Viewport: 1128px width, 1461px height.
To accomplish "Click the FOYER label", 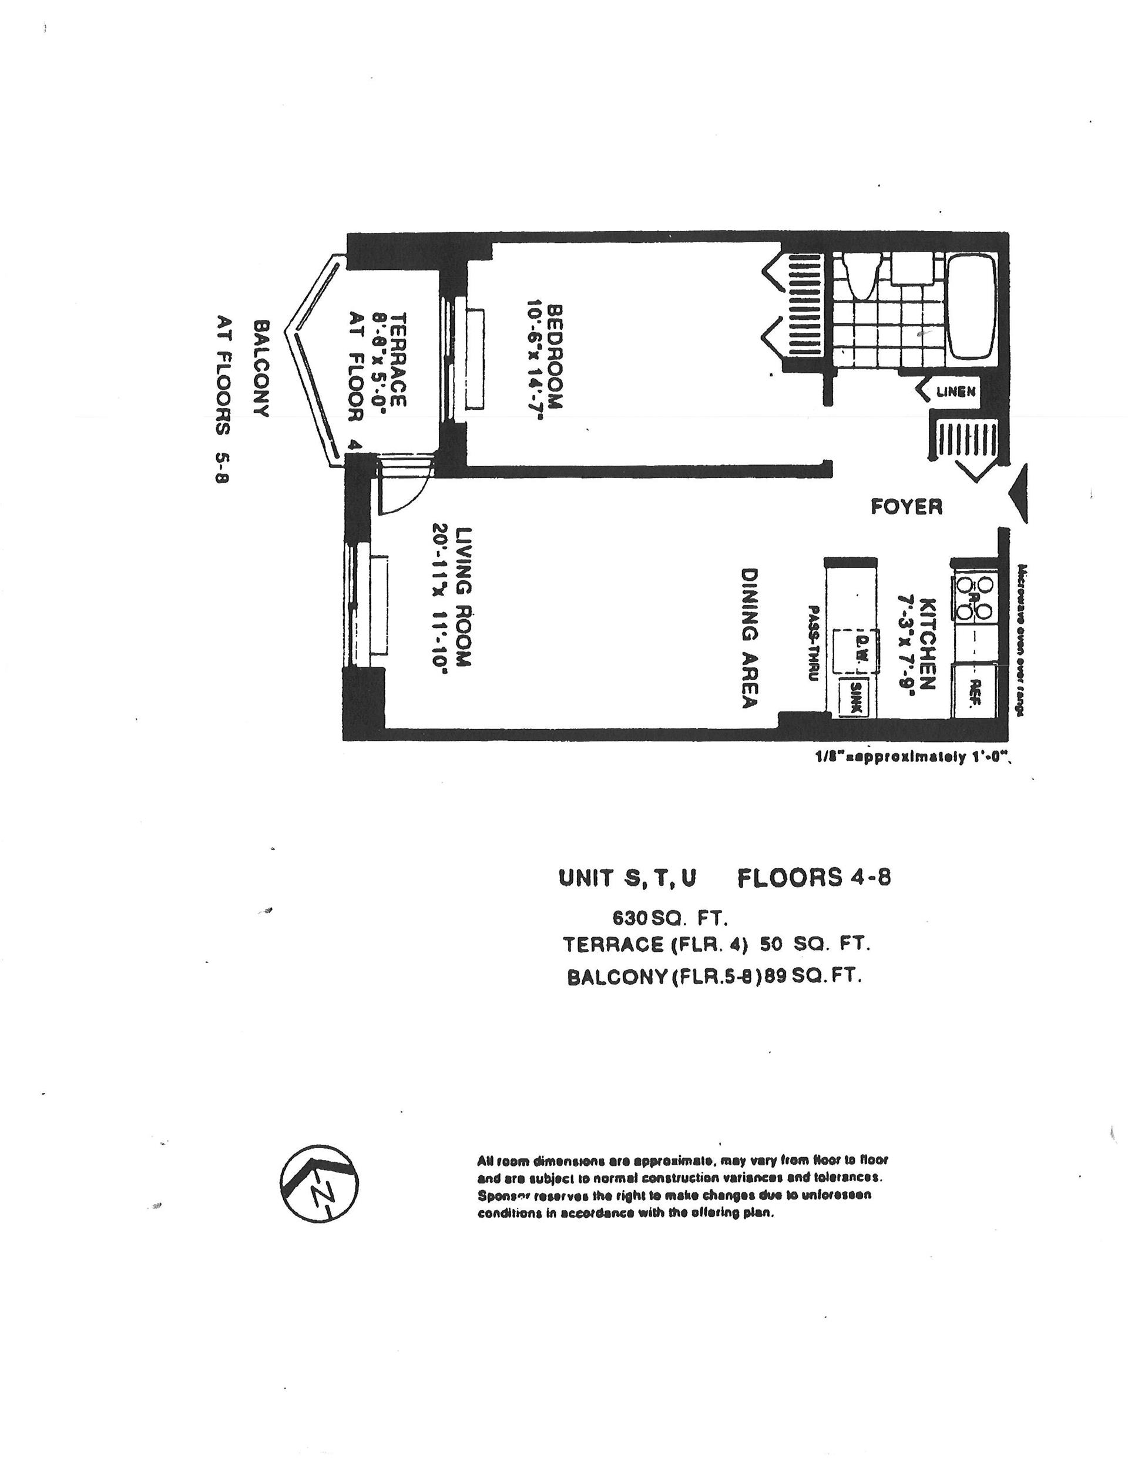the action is (906, 506).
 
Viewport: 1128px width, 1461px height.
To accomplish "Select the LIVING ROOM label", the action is (464, 597).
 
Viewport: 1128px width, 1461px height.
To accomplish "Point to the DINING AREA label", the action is (748, 637).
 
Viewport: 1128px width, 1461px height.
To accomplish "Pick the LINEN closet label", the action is (955, 392).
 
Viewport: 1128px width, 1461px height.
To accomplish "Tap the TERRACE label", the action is (397, 359).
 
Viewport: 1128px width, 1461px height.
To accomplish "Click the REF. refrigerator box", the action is (974, 690).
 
